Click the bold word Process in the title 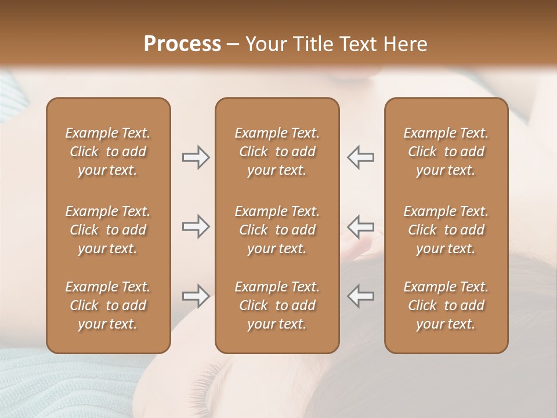[182, 44]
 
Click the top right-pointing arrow [196, 157]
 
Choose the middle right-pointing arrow [196, 226]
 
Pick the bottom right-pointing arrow [196, 296]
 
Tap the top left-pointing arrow [360, 157]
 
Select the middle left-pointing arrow [360, 226]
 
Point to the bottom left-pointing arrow [360, 296]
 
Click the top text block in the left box [108, 152]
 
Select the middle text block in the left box [108, 230]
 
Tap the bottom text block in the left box [108, 305]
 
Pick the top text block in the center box [277, 152]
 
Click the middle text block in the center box [277, 230]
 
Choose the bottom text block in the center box [277, 305]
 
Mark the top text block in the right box [446, 152]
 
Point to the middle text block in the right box [446, 230]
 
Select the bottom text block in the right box [446, 305]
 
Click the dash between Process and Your [233, 45]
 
